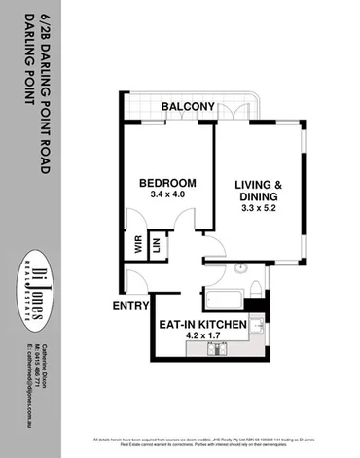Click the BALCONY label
point(188,106)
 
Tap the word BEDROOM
point(167,183)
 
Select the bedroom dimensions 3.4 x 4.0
point(167,195)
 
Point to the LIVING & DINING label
point(259,191)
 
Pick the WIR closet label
point(137,245)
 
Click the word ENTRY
point(130,307)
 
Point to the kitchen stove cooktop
point(256,327)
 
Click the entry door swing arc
point(136,282)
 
